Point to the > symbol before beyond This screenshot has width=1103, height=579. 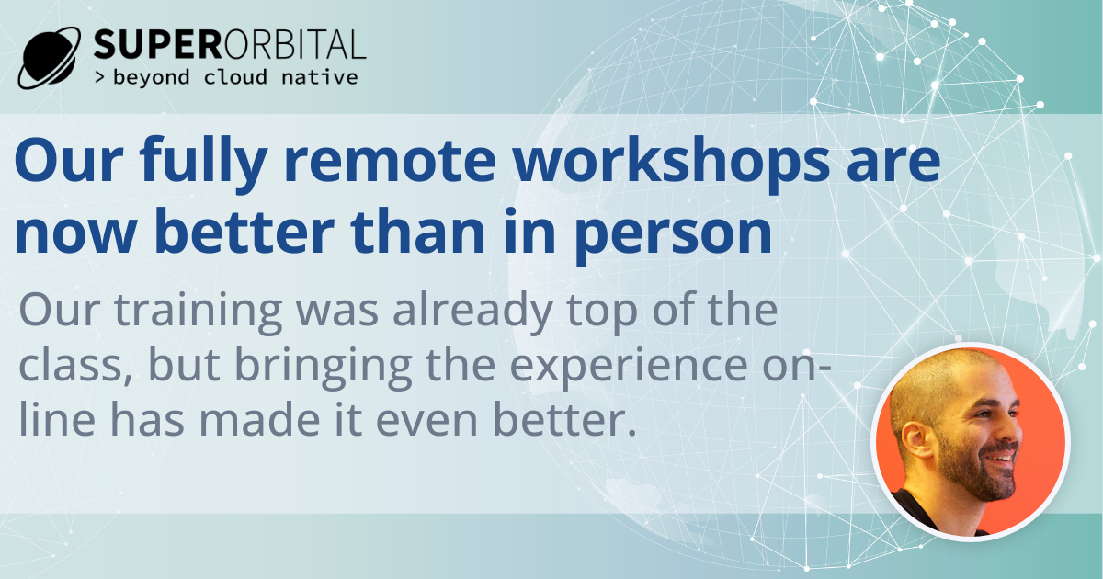[x=100, y=78]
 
